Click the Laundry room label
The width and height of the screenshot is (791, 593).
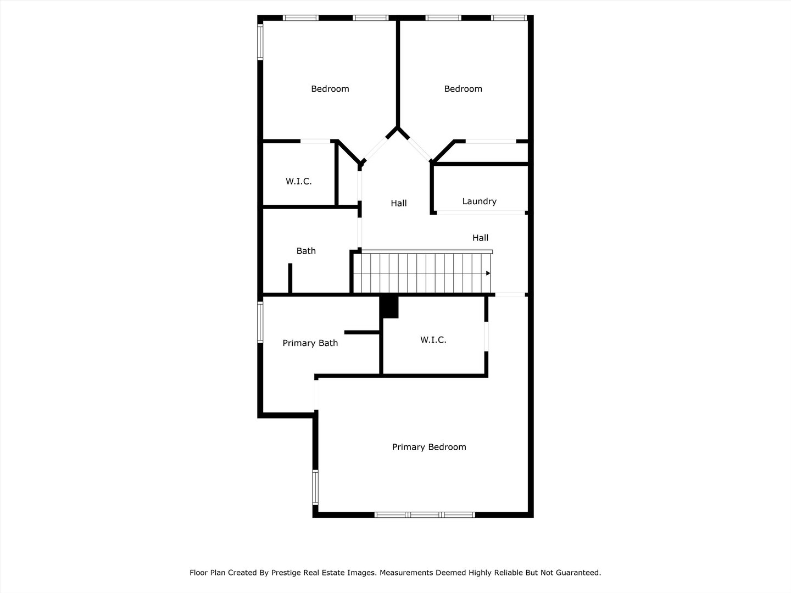click(479, 202)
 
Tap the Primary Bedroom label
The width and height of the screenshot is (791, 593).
click(429, 447)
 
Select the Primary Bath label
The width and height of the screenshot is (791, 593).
click(310, 343)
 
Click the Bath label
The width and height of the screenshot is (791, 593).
click(306, 251)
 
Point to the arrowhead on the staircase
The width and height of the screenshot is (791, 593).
click(488, 273)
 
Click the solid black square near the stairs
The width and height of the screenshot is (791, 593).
click(389, 306)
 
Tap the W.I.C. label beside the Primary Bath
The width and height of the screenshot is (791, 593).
click(433, 340)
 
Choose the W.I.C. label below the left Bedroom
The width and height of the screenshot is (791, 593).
click(298, 181)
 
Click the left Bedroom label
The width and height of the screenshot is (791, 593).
click(330, 89)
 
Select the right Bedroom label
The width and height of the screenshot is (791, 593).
click(463, 89)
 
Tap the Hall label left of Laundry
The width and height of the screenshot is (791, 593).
click(399, 203)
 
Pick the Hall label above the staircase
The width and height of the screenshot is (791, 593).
click(480, 238)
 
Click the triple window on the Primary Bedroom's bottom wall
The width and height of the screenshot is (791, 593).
click(425, 514)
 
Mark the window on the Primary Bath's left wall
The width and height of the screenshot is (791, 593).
click(261, 323)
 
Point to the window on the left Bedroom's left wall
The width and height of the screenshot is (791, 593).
click(260, 42)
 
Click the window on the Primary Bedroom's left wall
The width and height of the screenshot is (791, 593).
click(315, 487)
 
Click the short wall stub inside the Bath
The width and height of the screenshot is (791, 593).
click(290, 278)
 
